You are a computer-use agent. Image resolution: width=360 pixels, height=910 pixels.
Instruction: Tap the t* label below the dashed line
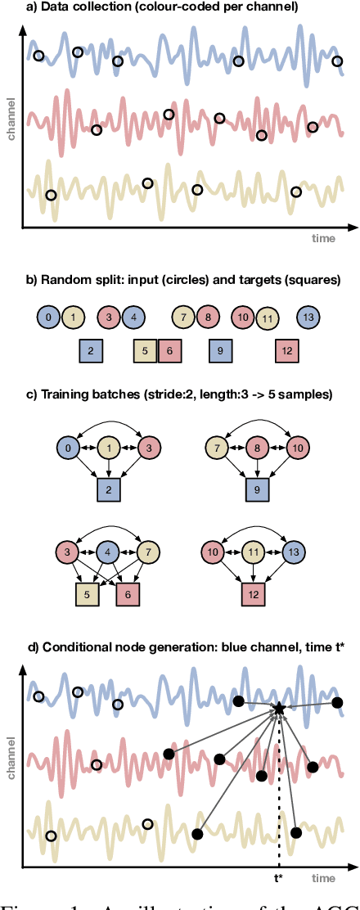pyautogui.click(x=279, y=878)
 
